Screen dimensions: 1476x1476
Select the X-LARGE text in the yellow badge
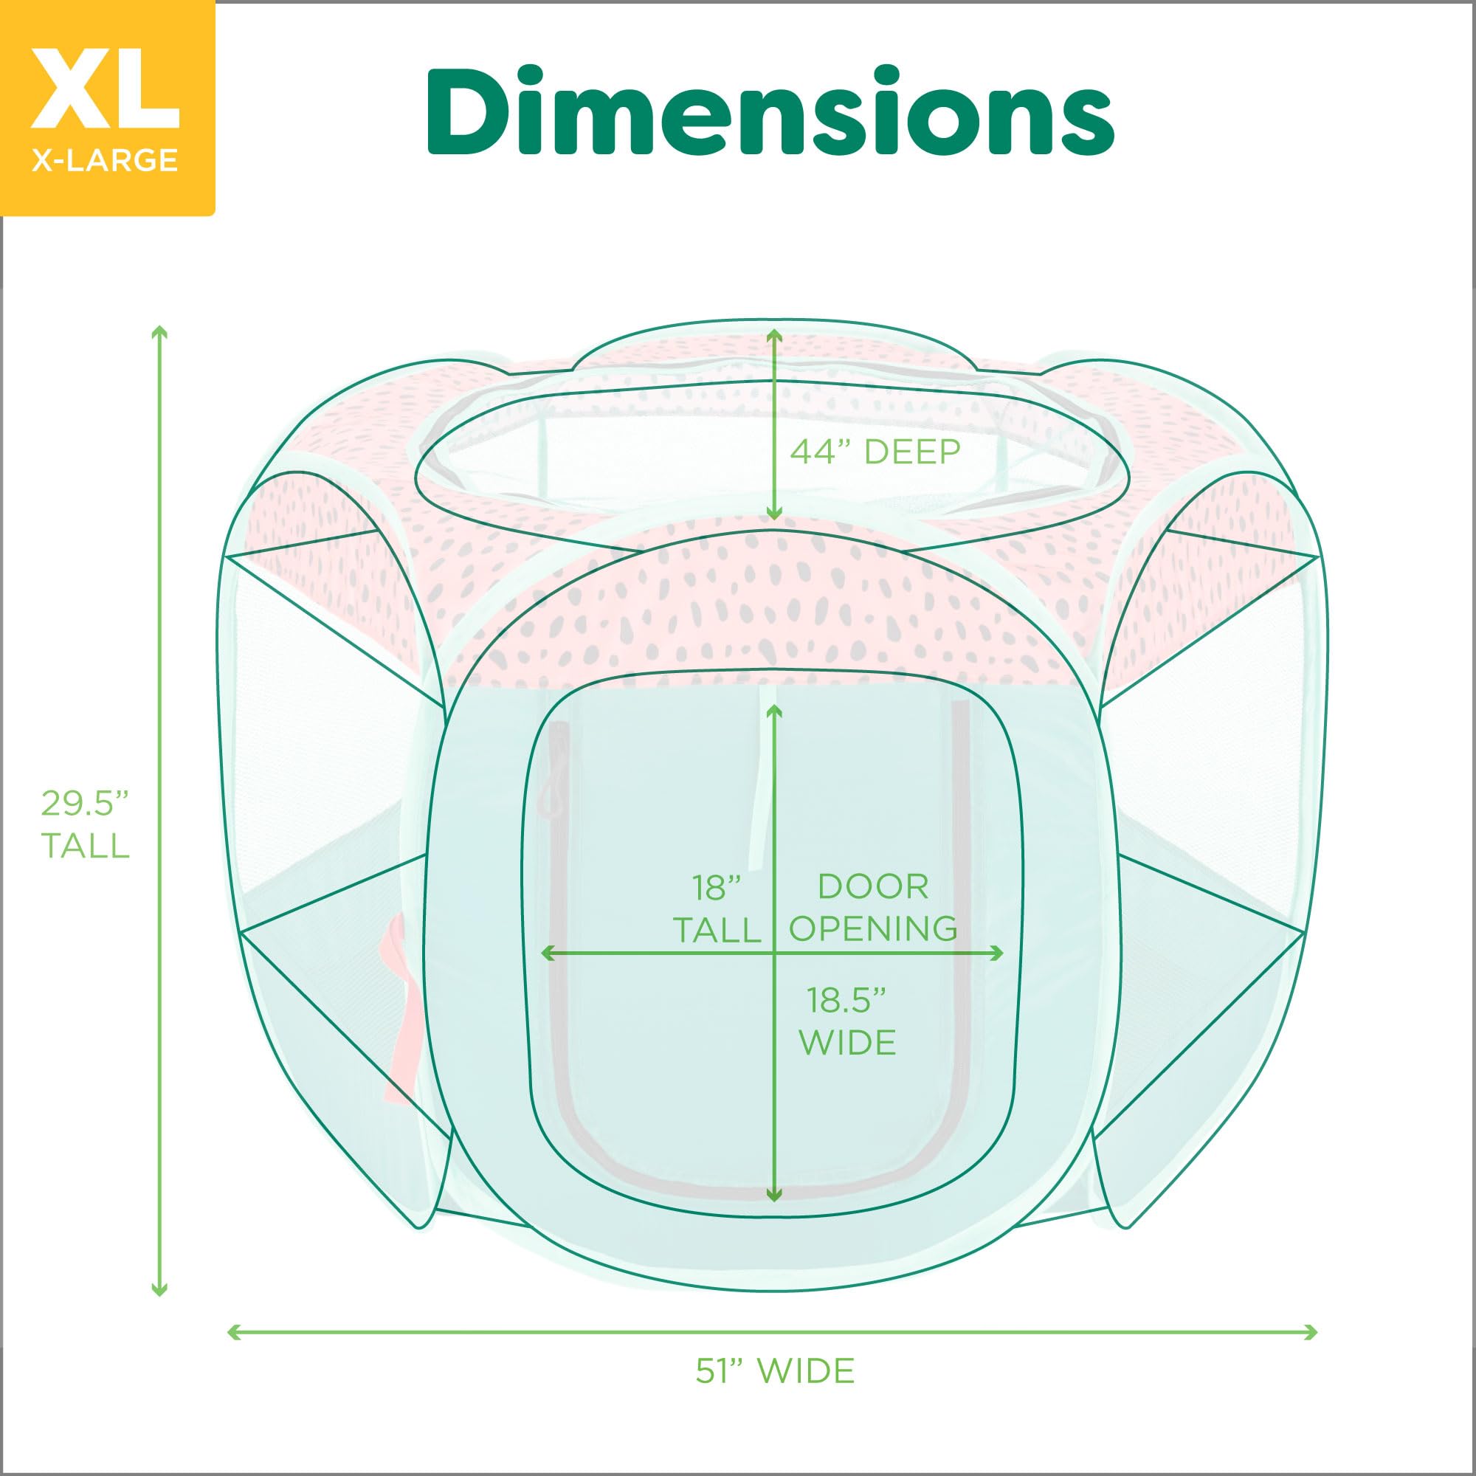106,159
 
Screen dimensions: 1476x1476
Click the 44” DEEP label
875,452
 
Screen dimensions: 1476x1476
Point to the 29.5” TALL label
85,825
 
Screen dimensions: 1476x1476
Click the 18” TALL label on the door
717,909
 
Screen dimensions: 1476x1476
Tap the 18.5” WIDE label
847,1021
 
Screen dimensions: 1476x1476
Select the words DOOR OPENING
873,908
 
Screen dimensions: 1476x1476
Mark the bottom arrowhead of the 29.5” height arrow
159,1289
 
